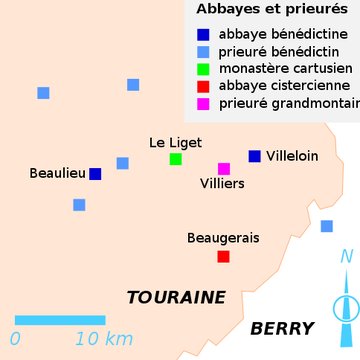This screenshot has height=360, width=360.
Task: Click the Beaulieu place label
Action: point(57,173)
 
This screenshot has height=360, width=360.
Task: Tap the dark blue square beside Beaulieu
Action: point(95,174)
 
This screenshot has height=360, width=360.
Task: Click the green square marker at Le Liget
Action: point(176,159)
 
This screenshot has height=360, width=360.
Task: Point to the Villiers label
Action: point(222,184)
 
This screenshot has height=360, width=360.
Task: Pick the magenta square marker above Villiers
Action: point(224,169)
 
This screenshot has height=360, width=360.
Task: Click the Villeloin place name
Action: point(292,156)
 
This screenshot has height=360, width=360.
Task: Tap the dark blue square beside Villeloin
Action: point(255,156)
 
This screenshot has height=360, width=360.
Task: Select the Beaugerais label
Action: point(223,238)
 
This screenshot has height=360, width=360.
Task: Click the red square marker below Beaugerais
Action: point(223,257)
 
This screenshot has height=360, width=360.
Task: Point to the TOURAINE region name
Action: point(176,298)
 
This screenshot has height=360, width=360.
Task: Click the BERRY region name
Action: point(282,329)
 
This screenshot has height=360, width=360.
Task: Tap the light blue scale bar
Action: point(60,320)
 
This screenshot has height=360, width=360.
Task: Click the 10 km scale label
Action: point(104,339)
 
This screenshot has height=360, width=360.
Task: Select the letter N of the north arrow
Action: point(346,257)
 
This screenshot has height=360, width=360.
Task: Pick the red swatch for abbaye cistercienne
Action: point(204,86)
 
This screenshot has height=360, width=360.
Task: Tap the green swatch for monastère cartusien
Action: point(204,69)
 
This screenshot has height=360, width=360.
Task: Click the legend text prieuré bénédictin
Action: point(276,51)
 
